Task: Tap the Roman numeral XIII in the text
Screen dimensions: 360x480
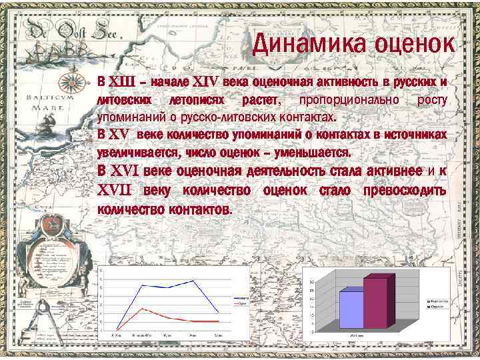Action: click(121, 83)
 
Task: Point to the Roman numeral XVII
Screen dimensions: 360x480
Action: click(115, 191)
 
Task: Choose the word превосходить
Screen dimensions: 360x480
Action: click(405, 191)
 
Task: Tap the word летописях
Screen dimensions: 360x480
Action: click(199, 100)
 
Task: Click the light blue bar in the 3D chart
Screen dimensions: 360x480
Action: click(351, 309)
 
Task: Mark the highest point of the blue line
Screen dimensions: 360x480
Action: click(194, 281)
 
